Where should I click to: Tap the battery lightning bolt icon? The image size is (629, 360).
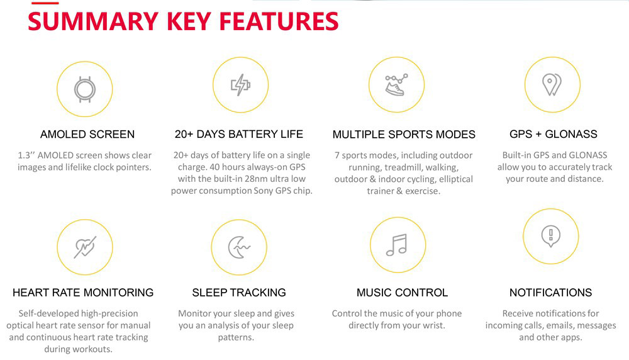click(240, 84)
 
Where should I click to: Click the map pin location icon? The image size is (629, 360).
click(552, 84)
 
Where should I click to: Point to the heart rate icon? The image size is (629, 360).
click(84, 247)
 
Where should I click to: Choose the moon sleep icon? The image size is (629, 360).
click(239, 247)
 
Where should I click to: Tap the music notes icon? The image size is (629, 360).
click(397, 244)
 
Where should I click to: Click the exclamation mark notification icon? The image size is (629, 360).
click(551, 235)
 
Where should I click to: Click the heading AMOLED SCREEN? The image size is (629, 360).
click(87, 134)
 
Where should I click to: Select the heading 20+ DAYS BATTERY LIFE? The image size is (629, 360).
click(239, 134)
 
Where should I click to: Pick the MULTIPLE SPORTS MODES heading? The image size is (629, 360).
click(404, 135)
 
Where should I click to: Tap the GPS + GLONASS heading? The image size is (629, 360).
click(554, 134)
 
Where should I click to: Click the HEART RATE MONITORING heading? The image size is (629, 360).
click(83, 293)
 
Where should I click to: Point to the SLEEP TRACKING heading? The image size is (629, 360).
click(239, 293)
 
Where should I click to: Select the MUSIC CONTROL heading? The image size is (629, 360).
click(402, 293)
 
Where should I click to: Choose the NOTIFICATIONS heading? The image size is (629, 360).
click(550, 293)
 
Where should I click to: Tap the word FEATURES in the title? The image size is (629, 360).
click(279, 21)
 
